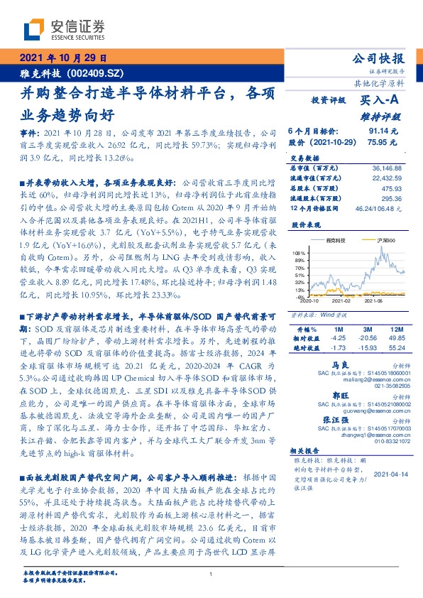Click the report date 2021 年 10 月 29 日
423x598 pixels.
[63, 58]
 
